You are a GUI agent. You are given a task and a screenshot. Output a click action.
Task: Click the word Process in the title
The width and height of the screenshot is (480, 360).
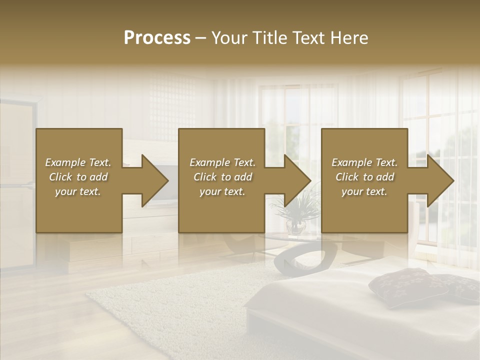[157, 38]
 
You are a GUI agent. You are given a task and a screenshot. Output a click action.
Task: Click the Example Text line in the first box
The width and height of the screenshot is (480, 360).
[78, 162]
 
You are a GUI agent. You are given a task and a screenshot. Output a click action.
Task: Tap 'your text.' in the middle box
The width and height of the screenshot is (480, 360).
[222, 191]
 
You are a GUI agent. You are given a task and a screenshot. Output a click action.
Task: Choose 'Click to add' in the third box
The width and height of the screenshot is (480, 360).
[364, 177]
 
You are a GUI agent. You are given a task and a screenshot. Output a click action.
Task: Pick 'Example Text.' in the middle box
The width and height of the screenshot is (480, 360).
[222, 162]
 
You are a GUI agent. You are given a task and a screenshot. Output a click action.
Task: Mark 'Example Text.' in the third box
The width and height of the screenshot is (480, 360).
[364, 162]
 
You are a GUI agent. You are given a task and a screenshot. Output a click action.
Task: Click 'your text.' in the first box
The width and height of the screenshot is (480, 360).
[78, 191]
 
